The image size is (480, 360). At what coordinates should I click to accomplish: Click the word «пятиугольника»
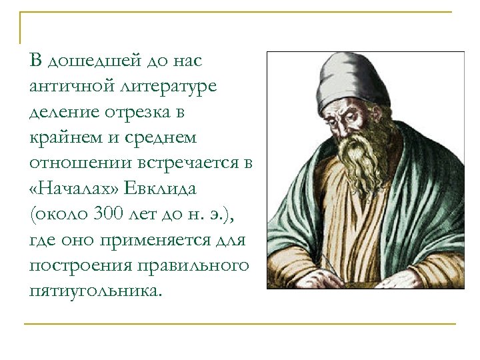point(94,291)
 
